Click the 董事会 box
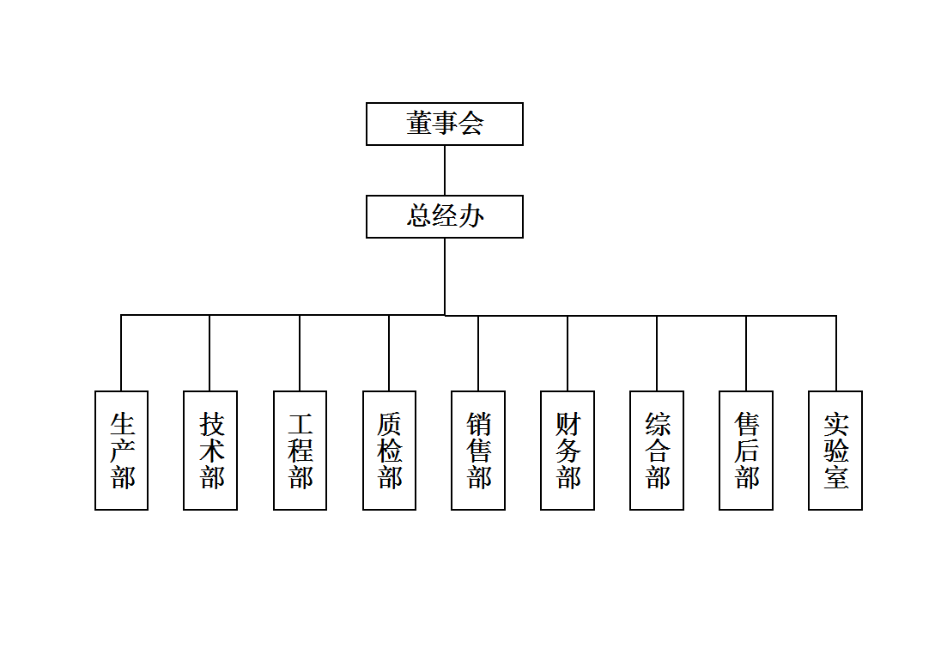tap(444, 124)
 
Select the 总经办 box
tap(444, 216)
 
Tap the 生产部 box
tap(121, 451)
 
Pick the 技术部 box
tap(210, 451)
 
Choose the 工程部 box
tap(300, 451)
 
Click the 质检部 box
tap(389, 451)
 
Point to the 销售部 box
tap(478, 451)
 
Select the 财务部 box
tap(568, 451)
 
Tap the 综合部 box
tap(657, 451)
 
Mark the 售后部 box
tap(746, 451)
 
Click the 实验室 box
tap(835, 451)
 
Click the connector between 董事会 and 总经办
tap(445, 170)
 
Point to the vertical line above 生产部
tap(121, 353)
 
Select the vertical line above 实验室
tap(836, 353)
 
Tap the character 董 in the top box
tap(419, 124)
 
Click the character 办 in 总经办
tap(470, 216)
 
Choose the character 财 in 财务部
tap(568, 424)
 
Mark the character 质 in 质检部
tap(389, 424)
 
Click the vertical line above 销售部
tap(478, 353)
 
